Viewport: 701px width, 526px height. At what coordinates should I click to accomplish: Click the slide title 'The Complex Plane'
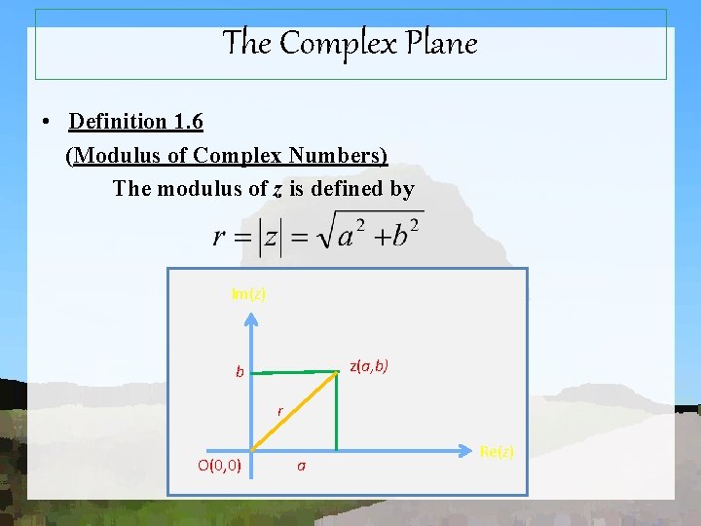[x=350, y=43]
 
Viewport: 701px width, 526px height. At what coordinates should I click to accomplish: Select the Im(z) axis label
[x=248, y=293]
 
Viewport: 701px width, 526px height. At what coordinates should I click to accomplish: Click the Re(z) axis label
[x=497, y=451]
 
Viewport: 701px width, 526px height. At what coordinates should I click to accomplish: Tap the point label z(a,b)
[x=369, y=366]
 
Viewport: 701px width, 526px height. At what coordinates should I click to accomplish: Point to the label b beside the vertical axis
[x=239, y=372]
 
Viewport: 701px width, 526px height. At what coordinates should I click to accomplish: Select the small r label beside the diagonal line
[x=279, y=412]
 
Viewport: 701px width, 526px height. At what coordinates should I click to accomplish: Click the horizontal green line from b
[x=292, y=371]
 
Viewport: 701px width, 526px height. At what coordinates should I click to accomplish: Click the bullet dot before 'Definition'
[x=46, y=123]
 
